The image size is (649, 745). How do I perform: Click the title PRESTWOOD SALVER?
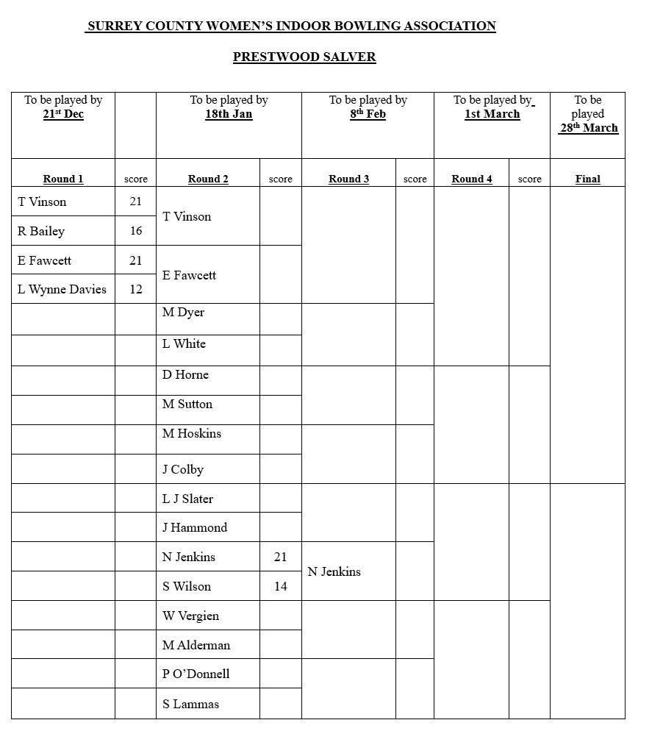304,57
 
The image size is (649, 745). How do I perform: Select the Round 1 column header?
63,179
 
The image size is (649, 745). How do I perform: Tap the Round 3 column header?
349,179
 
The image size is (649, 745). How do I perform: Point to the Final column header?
588,179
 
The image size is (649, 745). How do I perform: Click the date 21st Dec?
63,114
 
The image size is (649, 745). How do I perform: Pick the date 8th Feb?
367,114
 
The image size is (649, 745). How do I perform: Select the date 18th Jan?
229,114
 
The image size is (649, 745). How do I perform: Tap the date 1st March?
492,114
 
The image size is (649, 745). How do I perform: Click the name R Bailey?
41,231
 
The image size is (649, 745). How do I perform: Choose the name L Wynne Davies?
62,289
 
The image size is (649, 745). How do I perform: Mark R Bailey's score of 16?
136,231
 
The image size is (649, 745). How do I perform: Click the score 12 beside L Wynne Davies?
136,289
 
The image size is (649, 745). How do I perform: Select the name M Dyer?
184,312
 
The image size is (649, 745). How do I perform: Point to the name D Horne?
185,374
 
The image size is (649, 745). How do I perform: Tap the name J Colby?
183,469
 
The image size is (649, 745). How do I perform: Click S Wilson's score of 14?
280,586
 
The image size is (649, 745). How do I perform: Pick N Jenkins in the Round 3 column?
334,571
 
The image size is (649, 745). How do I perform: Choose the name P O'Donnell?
196,674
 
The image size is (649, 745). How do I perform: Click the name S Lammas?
190,704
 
